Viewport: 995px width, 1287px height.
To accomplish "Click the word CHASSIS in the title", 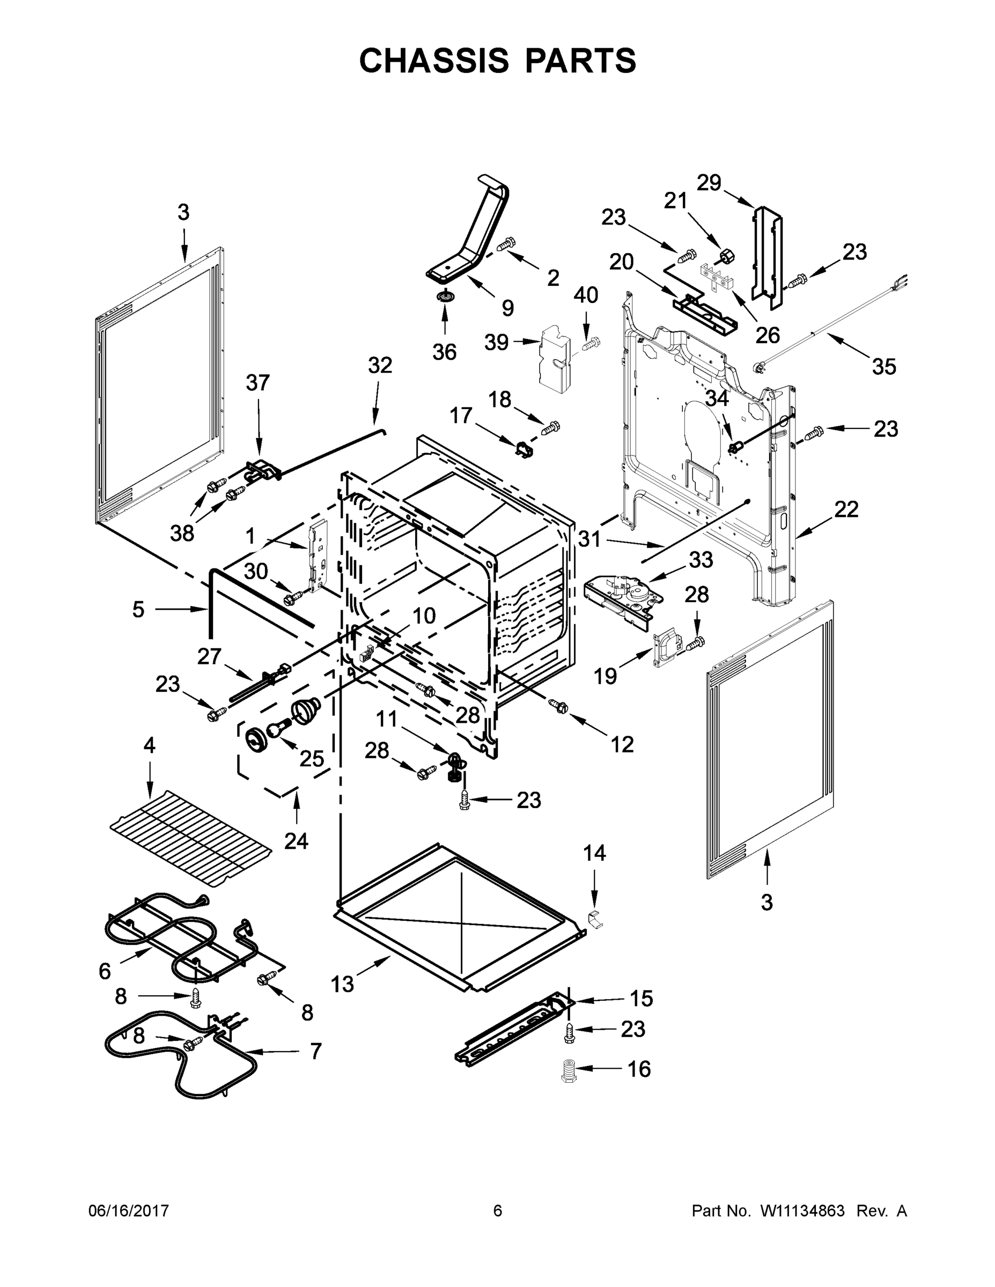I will [x=434, y=61].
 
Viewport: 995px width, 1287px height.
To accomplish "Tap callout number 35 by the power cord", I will [x=883, y=367].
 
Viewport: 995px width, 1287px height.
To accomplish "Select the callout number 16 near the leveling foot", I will [x=638, y=1068].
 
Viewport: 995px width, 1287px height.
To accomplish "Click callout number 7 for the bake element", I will [x=316, y=1051].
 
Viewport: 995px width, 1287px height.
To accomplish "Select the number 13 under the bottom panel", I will [x=342, y=983].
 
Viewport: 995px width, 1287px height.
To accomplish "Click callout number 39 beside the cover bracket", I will [x=496, y=342].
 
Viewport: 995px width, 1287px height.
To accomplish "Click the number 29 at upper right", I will [x=709, y=183].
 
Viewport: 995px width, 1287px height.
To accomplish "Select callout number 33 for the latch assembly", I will [x=701, y=559].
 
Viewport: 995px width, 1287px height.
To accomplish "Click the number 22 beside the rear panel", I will [x=846, y=509].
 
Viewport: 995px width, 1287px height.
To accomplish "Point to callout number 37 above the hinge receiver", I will [x=257, y=382].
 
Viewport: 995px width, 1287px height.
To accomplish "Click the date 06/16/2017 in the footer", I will [x=129, y=1211].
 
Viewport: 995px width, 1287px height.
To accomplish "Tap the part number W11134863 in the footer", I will [x=803, y=1211].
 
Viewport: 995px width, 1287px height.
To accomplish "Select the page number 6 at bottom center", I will [x=498, y=1211].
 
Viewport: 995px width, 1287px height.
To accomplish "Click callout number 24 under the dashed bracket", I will [x=296, y=841].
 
